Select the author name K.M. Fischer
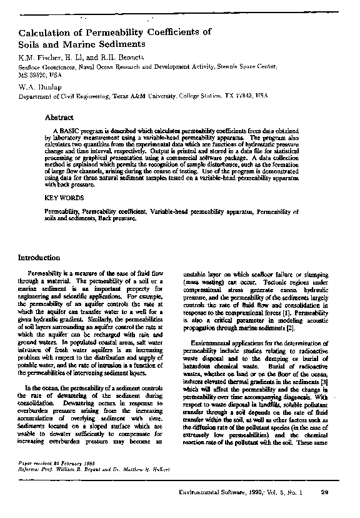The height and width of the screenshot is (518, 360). pyautogui.click(x=39, y=58)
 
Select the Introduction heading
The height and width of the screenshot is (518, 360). pyautogui.click(x=39, y=258)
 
